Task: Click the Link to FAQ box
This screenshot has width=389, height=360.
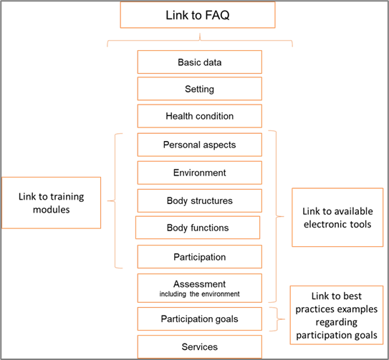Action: point(198,15)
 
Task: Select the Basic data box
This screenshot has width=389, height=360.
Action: point(200,62)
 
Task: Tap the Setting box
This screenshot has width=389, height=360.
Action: point(200,89)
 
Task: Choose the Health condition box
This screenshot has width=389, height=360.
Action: point(200,116)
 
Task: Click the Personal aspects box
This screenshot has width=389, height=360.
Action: point(200,145)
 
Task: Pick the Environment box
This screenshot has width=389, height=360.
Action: point(200,172)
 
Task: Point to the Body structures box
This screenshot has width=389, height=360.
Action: point(200,201)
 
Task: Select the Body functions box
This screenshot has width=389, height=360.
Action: point(198,228)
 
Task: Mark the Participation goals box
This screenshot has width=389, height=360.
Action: point(200,318)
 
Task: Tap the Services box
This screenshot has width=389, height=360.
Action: point(200,347)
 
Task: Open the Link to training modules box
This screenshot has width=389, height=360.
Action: point(52,203)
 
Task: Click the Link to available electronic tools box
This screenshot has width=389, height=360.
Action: point(337,218)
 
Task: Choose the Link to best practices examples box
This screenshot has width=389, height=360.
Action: point(337,315)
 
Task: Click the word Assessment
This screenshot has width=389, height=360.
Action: point(200,284)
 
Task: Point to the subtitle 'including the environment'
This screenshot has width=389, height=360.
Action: point(200,294)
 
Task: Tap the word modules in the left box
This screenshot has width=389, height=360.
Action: point(52,210)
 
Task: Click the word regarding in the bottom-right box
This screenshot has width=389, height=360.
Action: point(337,322)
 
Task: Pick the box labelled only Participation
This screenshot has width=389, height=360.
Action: point(200,257)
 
